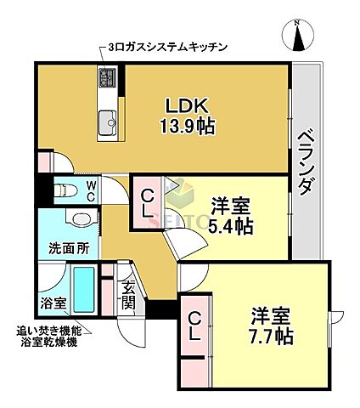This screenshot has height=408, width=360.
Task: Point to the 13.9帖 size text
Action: point(187,127)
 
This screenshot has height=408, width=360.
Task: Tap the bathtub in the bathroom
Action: point(83,290)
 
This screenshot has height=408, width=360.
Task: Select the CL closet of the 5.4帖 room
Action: point(148,203)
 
